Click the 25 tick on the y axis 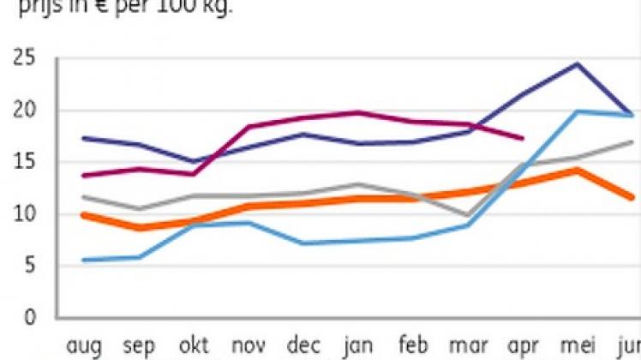23,60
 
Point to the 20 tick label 23,111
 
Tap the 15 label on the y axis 23,163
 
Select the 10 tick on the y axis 23,214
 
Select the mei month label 577,345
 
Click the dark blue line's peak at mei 577,63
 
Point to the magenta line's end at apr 522,138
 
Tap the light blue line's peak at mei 577,111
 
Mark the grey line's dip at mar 467,215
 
